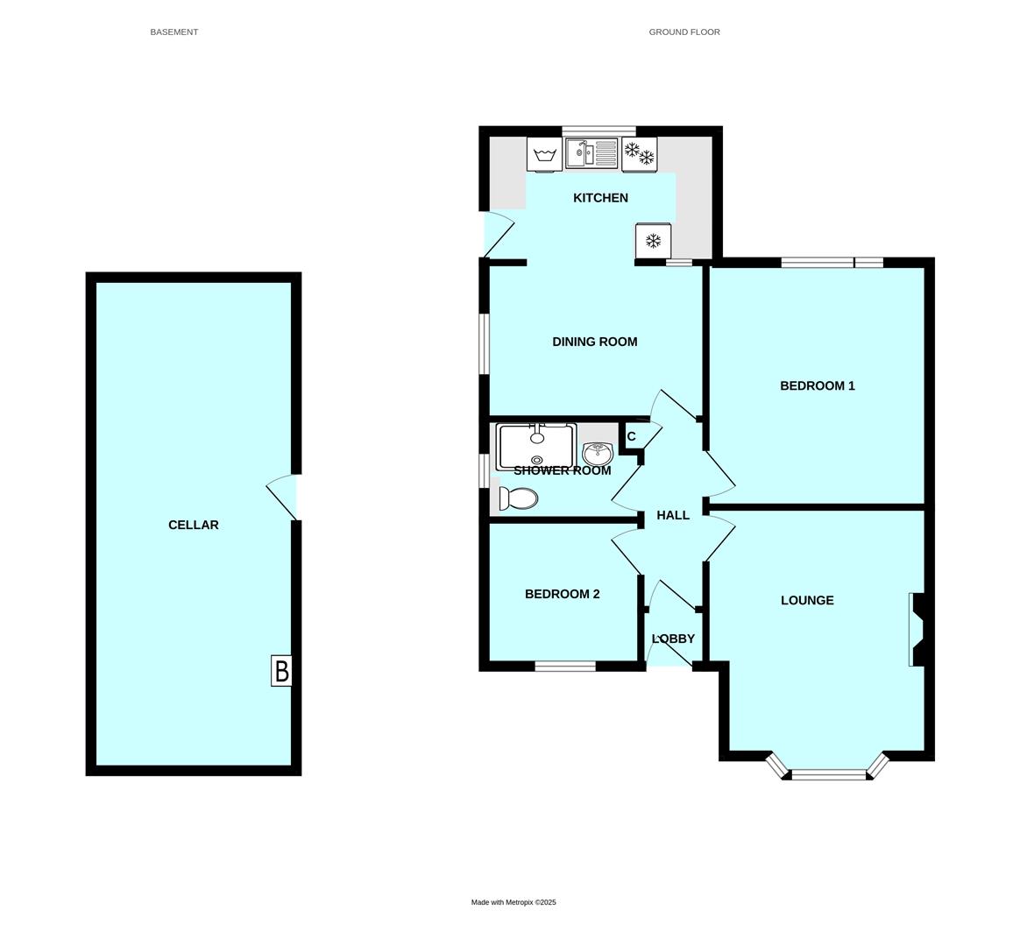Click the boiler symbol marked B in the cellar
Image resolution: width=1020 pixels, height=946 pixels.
(x=281, y=670)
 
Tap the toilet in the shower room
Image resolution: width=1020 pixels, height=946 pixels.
(x=518, y=498)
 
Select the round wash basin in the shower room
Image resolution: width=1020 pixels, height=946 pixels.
(x=597, y=453)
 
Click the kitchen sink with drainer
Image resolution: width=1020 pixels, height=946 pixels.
(x=591, y=153)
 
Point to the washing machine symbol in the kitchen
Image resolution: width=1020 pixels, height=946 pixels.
(x=544, y=155)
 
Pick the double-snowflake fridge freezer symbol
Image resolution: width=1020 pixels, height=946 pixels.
(x=639, y=154)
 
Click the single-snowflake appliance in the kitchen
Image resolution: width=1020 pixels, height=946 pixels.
(x=653, y=241)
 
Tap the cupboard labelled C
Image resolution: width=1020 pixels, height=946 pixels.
(x=631, y=436)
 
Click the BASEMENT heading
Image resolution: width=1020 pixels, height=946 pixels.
(x=174, y=32)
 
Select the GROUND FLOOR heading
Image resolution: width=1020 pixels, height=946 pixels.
(x=684, y=32)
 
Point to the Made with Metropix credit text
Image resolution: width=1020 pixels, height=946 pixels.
(x=514, y=902)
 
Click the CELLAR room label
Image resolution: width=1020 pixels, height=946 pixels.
(x=193, y=525)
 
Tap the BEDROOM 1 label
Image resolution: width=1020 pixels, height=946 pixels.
(x=817, y=385)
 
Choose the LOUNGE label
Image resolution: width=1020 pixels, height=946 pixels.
(x=807, y=600)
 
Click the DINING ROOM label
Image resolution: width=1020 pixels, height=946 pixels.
(x=595, y=342)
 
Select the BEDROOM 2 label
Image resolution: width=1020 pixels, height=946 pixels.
(x=562, y=594)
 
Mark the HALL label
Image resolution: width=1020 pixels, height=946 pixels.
(x=673, y=515)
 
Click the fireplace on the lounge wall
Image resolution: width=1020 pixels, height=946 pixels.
(x=917, y=630)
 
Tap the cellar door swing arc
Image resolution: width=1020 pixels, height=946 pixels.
(x=280, y=498)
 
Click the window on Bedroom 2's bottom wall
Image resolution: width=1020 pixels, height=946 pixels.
(x=565, y=666)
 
